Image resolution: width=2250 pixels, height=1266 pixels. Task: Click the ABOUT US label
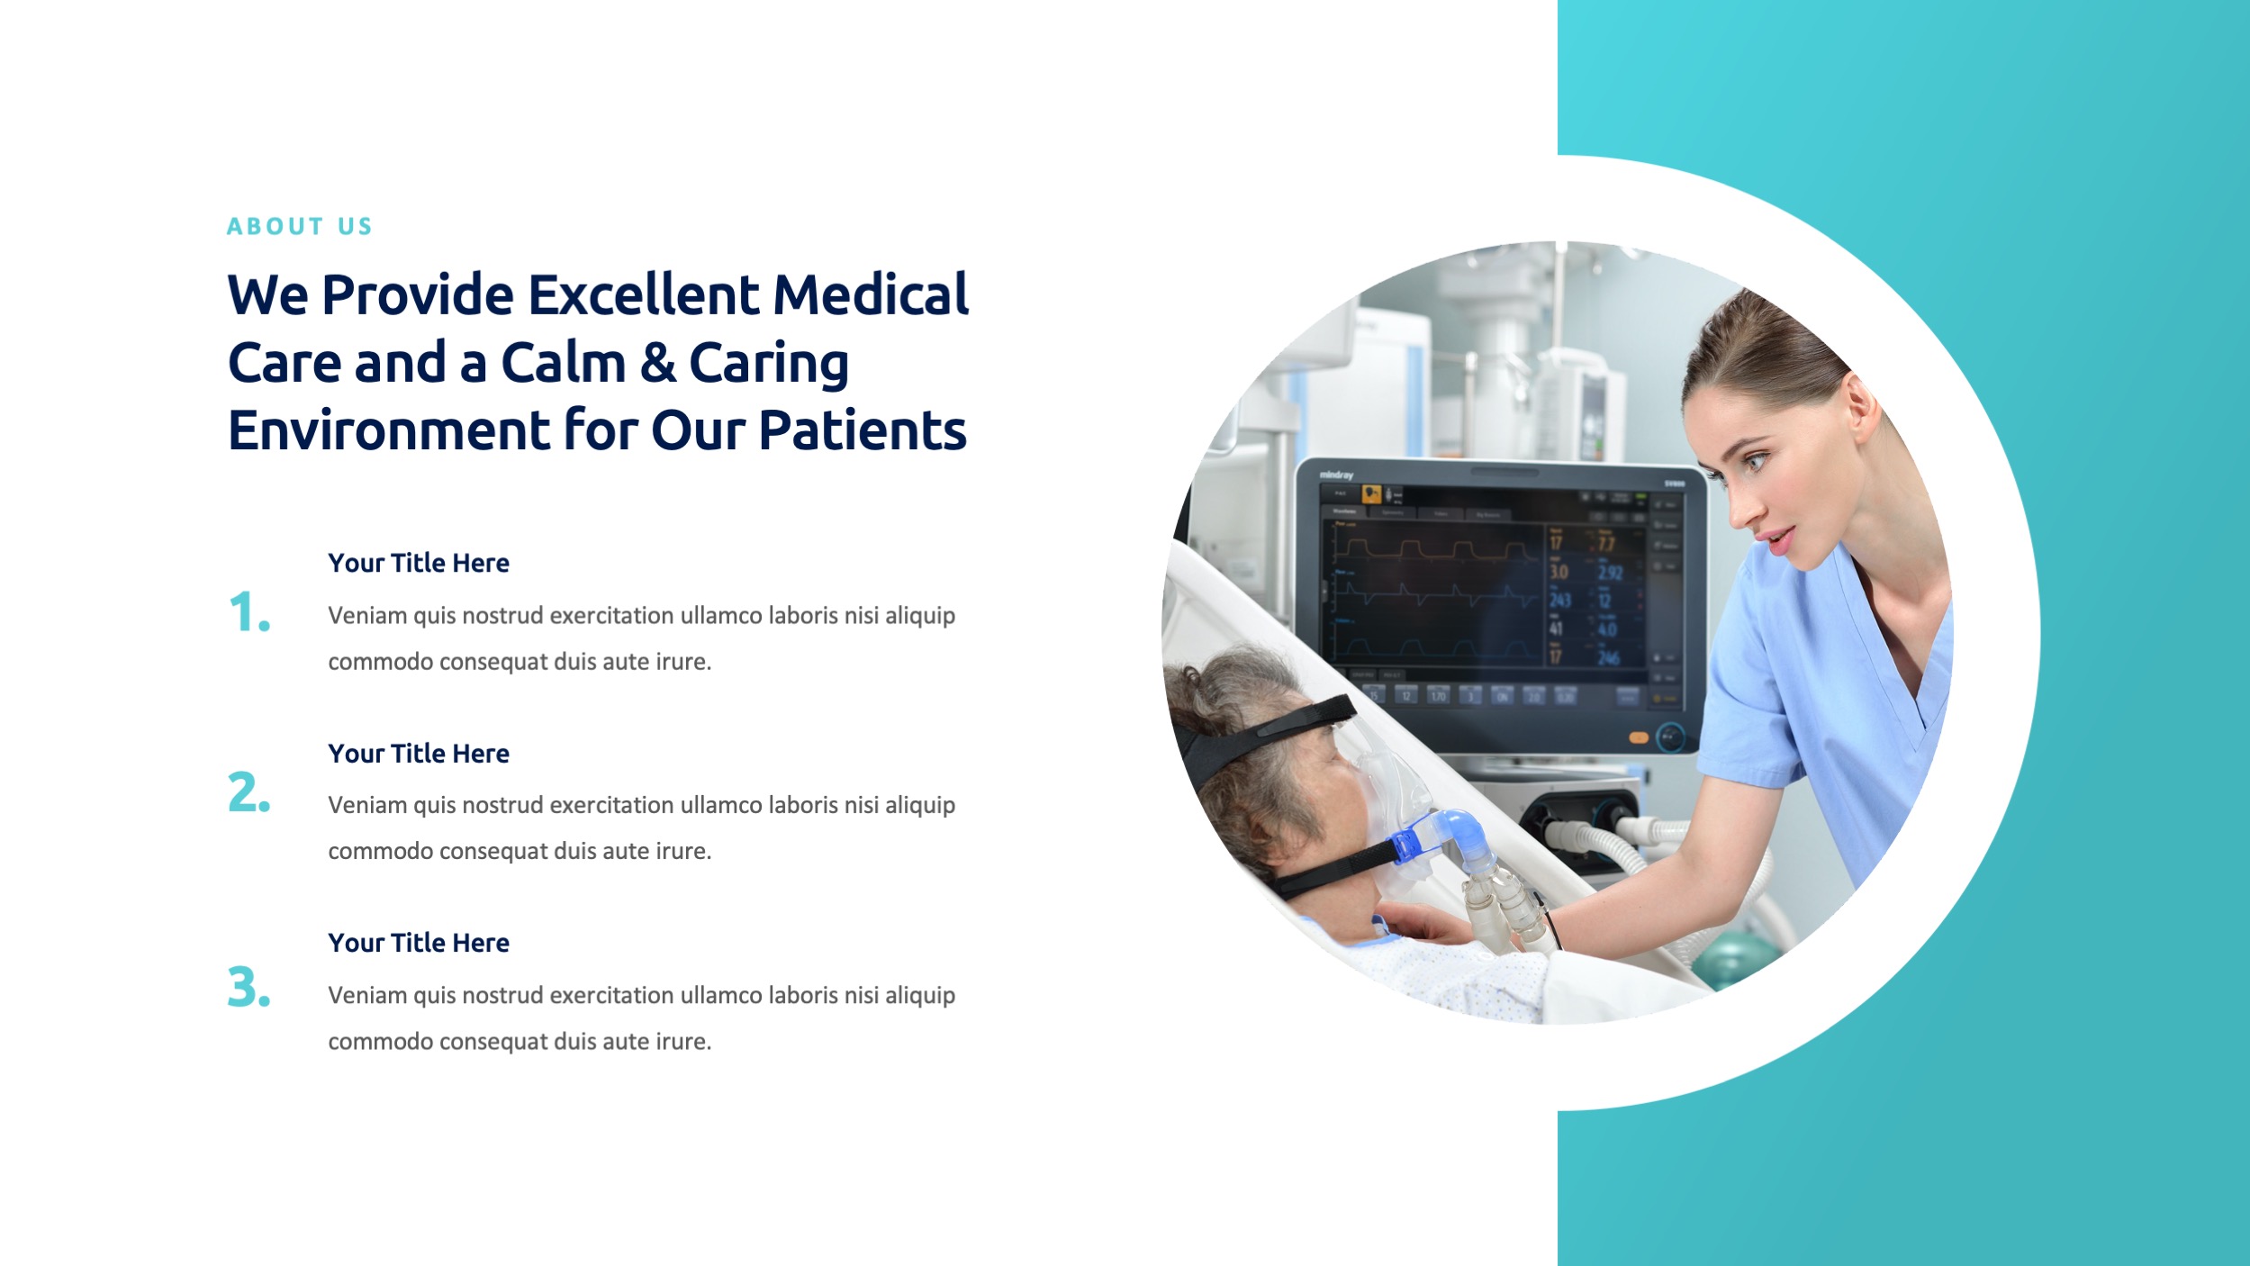point(299,226)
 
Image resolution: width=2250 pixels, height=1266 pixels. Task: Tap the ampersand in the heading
point(658,363)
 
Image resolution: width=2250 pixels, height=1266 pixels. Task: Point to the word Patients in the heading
point(862,430)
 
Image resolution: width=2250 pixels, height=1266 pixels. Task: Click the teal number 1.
point(248,613)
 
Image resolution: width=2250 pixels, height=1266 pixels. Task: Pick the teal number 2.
point(248,792)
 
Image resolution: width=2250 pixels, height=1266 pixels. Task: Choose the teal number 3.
point(248,987)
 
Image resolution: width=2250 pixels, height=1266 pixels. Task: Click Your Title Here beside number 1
point(419,563)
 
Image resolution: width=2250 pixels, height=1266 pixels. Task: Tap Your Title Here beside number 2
point(419,754)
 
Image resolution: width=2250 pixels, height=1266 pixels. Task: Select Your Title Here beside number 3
point(419,943)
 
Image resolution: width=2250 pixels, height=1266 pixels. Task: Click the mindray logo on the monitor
point(1336,475)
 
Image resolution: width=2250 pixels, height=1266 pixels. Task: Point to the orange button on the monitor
point(1639,737)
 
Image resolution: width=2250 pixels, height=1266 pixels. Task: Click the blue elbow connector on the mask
point(1445,832)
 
